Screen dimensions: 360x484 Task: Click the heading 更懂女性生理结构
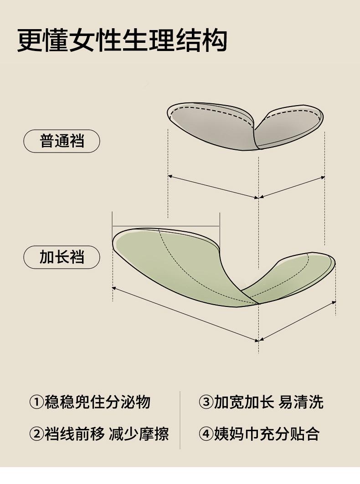point(122,41)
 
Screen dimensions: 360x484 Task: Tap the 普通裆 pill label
point(62,141)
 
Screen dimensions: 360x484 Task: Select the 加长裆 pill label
point(62,257)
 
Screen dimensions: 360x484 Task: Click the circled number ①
point(36,402)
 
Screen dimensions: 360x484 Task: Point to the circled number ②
point(36,434)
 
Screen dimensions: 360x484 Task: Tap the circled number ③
point(206,402)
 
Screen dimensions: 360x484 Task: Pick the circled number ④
point(206,434)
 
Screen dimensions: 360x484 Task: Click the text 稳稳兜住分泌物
point(97,402)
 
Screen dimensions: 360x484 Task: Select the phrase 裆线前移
point(74,434)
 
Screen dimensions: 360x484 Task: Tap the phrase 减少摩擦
point(139,434)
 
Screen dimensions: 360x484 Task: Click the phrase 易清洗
point(301,402)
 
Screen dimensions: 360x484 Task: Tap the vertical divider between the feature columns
point(180,419)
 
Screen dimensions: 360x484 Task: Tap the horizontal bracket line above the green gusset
point(166,225)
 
